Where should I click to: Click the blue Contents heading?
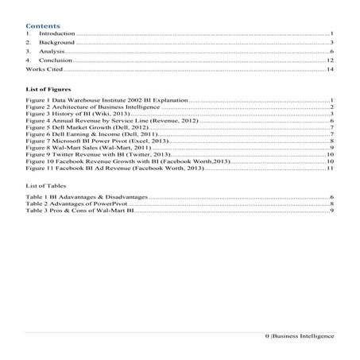click(37, 25)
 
